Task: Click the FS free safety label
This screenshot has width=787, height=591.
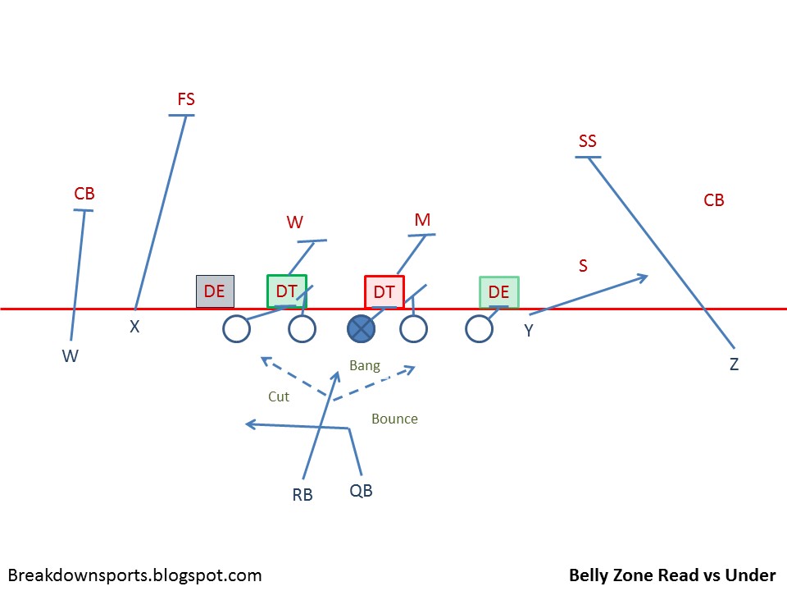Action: (186, 99)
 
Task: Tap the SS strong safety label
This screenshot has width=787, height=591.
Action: (588, 141)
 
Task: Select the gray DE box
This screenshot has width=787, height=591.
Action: (215, 291)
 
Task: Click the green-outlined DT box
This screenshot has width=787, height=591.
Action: (286, 291)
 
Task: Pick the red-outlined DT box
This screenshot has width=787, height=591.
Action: (384, 291)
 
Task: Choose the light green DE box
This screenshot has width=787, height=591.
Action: (498, 291)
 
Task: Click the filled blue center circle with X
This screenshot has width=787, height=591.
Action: (361, 329)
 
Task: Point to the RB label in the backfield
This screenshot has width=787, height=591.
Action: (303, 495)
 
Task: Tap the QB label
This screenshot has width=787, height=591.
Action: (361, 491)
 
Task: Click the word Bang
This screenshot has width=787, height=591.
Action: (365, 365)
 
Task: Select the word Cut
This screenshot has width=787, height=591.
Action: (279, 396)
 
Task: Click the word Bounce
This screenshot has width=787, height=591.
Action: (394, 419)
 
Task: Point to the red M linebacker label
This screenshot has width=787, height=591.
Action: (422, 220)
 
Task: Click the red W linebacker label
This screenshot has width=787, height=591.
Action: (295, 222)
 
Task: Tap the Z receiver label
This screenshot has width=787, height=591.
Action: (734, 364)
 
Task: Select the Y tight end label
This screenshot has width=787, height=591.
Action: (529, 330)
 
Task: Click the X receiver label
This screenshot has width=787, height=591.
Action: (135, 327)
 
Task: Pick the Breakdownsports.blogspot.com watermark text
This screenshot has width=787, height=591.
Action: (134, 575)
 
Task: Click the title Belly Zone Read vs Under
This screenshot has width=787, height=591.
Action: (672, 575)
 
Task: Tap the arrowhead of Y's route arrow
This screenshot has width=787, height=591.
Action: (644, 277)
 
